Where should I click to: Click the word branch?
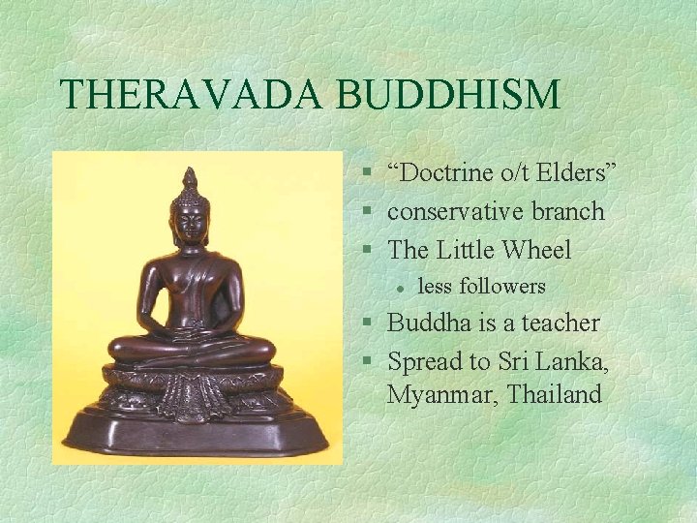(569, 211)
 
